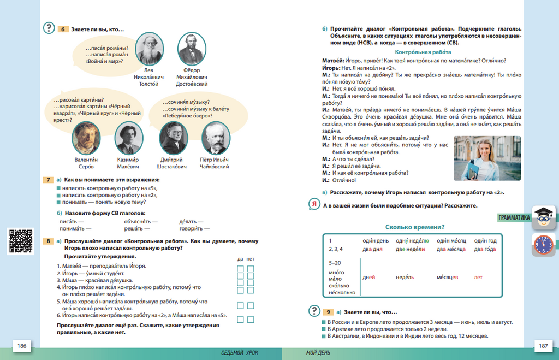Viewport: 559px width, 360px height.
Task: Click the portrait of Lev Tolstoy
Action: pyautogui.click(x=150, y=50)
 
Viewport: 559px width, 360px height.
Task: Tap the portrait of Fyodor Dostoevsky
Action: pyautogui.click(x=191, y=50)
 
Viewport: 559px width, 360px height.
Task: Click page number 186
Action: pyautogui.click(x=22, y=346)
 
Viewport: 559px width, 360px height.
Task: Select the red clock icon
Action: pyautogui.click(x=543, y=244)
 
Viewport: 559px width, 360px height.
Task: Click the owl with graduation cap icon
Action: pyautogui.click(x=544, y=218)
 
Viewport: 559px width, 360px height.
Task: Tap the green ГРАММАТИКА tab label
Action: pyautogui.click(x=514, y=218)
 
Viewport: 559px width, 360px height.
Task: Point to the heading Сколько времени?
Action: pyautogui.click(x=414, y=227)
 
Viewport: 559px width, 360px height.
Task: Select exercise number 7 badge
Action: pyautogui.click(x=49, y=180)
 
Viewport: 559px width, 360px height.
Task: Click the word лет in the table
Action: pyautogui.click(x=478, y=277)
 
